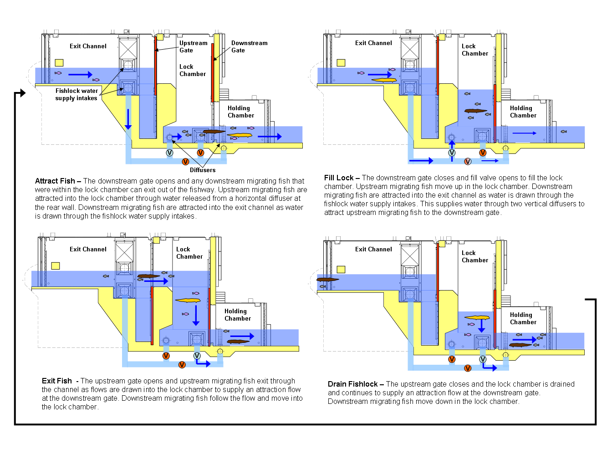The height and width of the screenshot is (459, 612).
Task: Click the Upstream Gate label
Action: [193, 46]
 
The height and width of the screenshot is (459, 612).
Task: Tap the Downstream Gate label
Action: [249, 46]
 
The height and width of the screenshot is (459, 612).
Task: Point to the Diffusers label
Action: [203, 170]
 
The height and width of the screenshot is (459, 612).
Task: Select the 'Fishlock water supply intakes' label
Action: [76, 94]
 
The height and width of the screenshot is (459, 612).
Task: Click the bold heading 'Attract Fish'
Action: [55, 181]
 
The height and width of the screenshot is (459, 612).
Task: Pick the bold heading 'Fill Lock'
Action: [339, 178]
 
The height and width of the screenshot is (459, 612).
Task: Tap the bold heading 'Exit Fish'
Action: [57, 381]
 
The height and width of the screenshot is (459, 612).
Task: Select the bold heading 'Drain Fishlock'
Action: [352, 384]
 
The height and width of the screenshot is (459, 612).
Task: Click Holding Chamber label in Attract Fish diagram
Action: [240, 112]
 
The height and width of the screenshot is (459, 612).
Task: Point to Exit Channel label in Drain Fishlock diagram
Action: [373, 249]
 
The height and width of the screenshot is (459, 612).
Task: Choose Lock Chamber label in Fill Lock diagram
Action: [474, 50]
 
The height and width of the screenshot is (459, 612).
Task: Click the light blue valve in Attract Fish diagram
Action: [169, 153]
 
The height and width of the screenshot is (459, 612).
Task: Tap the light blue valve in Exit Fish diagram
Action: [197, 356]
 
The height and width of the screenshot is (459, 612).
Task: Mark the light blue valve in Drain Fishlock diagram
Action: [483, 359]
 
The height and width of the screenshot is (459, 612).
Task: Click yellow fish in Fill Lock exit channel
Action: [384, 80]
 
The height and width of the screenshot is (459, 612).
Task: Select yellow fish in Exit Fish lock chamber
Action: [188, 301]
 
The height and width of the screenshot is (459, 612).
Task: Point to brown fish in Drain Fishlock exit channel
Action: [327, 280]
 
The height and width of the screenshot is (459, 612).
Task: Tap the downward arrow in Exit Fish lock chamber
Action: [196, 316]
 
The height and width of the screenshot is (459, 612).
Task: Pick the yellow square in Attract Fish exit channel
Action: [59, 63]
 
